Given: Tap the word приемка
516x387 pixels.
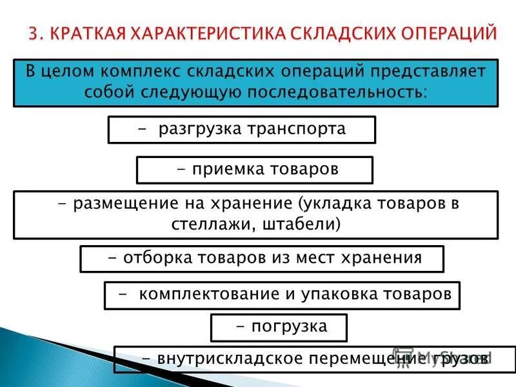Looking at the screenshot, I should [x=219, y=169].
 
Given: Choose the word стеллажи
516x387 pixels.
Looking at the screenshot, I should [x=204, y=224].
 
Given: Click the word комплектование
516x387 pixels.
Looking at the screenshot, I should [x=208, y=294].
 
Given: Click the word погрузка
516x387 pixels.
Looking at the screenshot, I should [x=290, y=326].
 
